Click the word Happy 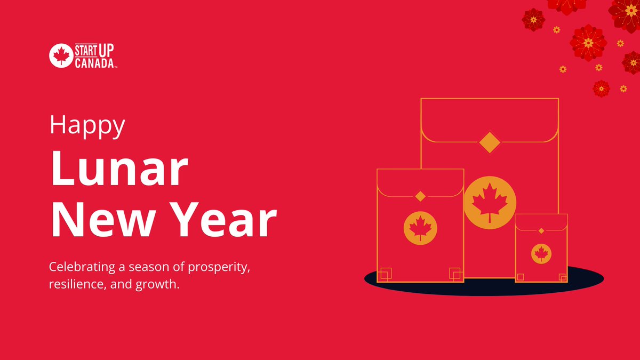coord(87,126)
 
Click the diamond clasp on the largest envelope coord(489,142)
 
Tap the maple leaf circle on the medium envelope coord(420,228)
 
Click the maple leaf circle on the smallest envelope coord(541,253)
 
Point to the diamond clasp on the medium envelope coord(420,196)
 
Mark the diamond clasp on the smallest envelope coord(541,230)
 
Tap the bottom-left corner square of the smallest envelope coord(521,276)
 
